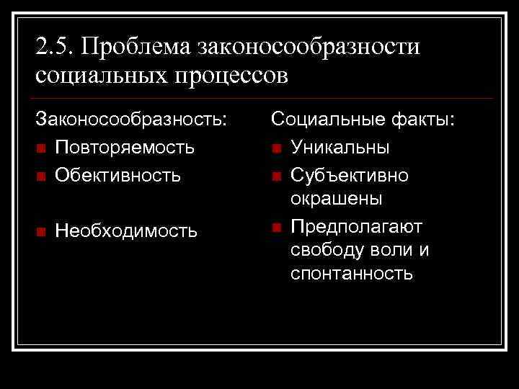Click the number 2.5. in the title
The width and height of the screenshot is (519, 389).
55,47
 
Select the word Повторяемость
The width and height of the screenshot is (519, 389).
125,148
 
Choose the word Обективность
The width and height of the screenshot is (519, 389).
117,174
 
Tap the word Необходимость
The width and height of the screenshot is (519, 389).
126,231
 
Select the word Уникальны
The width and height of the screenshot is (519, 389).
340,148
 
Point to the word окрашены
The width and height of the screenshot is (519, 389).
336,199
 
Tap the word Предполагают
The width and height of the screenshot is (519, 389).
357,225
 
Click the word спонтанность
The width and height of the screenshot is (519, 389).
352,274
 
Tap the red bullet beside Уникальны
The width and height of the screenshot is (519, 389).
277,148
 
